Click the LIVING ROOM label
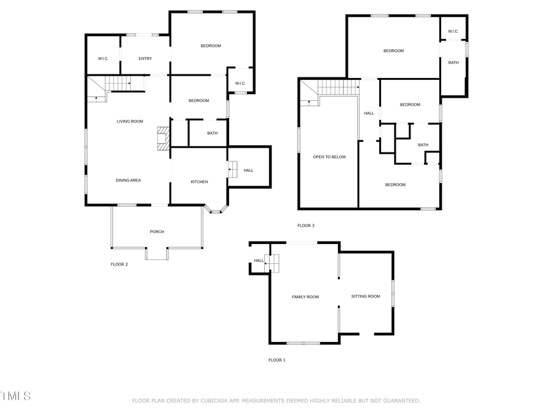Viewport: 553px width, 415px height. pyautogui.click(x=130, y=121)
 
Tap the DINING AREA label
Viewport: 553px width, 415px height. pyautogui.click(x=128, y=180)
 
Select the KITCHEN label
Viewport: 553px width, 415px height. pyautogui.click(x=199, y=181)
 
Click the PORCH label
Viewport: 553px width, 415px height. pyautogui.click(x=157, y=232)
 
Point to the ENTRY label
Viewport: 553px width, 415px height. pyautogui.click(x=145, y=58)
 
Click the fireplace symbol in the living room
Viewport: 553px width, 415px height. pyautogui.click(x=163, y=138)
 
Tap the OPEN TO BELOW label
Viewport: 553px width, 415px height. pyautogui.click(x=329, y=157)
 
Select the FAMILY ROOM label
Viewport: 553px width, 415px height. pyautogui.click(x=305, y=297)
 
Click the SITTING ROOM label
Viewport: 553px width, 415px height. pyautogui.click(x=366, y=296)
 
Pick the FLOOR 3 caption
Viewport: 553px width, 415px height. pyautogui.click(x=306, y=226)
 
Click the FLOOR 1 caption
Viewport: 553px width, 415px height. pyautogui.click(x=277, y=360)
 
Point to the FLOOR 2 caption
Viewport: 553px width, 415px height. pyautogui.click(x=119, y=264)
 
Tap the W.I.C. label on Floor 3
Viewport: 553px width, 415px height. pyautogui.click(x=453, y=31)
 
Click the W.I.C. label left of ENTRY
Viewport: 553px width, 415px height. pyautogui.click(x=103, y=58)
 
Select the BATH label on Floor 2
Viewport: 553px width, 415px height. pyautogui.click(x=212, y=133)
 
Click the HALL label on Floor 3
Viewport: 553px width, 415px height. pyautogui.click(x=369, y=113)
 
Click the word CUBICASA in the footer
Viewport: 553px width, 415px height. pyautogui.click(x=223, y=401)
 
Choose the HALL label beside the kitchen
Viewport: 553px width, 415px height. pyautogui.click(x=248, y=170)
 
